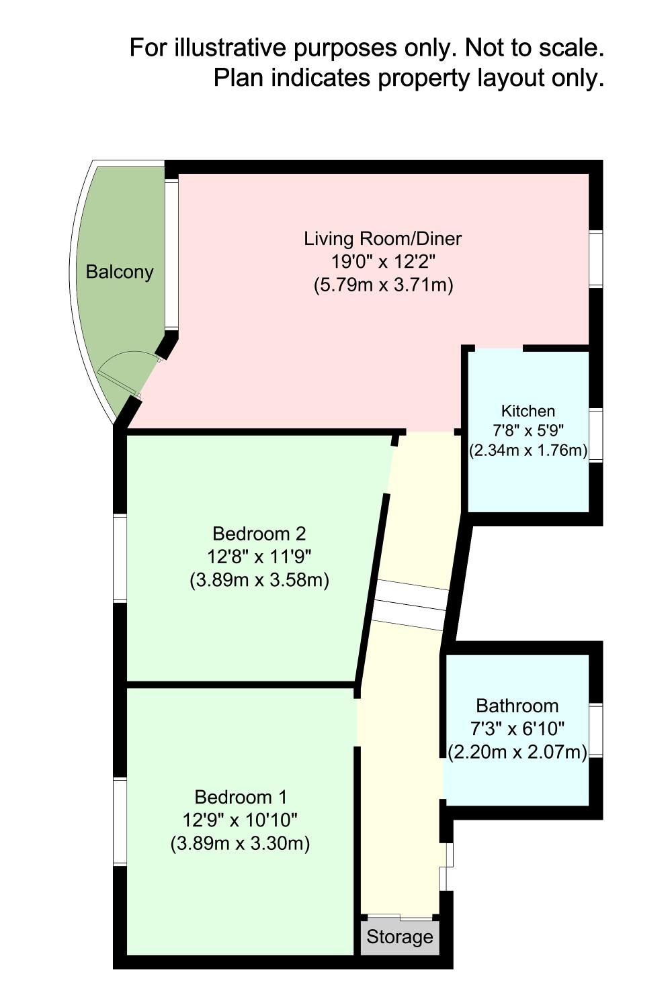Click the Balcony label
tap(120, 273)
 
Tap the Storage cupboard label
tap(400, 937)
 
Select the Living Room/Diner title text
tap(382, 239)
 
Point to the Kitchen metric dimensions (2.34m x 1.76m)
tap(528, 450)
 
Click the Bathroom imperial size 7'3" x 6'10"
tap(517, 728)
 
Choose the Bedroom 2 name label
tap(259, 534)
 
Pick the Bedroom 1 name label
tap(241, 797)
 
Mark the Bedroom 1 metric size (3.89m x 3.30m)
tap(241, 844)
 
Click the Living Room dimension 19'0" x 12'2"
tap(383, 262)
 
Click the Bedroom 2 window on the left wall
tap(120, 558)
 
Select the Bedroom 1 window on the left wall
tap(120, 821)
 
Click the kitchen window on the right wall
tap(595, 435)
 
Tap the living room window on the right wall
tap(595, 258)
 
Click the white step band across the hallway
tap(410, 605)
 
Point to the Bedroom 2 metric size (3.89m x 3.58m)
tap(259, 581)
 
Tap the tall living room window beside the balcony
tap(171, 254)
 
